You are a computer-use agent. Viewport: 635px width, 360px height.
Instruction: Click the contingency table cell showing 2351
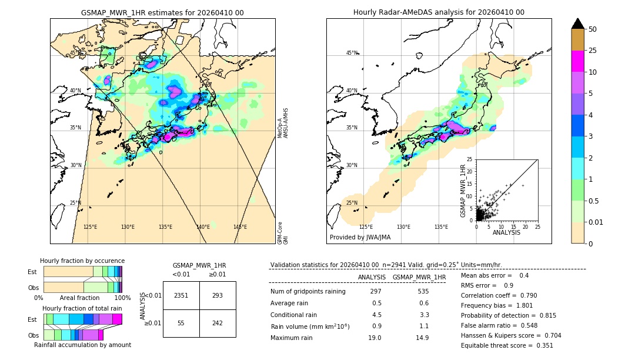pyautogui.click(x=181, y=296)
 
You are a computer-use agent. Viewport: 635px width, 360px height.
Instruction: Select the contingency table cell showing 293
pyautogui.click(x=218, y=296)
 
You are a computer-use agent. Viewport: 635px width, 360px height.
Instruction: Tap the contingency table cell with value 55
pyautogui.click(x=181, y=324)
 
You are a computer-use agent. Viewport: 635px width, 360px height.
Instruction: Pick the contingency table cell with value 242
pyautogui.click(x=218, y=324)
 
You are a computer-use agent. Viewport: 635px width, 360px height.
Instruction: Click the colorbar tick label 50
pyautogui.click(x=593, y=29)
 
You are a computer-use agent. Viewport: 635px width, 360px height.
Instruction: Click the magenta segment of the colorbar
pyautogui.click(x=577, y=61)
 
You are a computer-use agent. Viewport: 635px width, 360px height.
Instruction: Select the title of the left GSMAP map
pyautogui.click(x=162, y=12)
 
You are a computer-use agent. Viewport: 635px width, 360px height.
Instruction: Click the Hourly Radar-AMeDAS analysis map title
pyautogui.click(x=439, y=12)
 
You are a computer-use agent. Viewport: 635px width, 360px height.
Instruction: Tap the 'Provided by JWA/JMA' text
pyautogui.click(x=360, y=237)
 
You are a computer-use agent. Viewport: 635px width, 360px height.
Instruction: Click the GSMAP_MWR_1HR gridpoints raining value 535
pyautogui.click(x=423, y=291)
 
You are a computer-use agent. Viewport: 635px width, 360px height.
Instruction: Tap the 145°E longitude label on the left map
pyautogui.click(x=240, y=227)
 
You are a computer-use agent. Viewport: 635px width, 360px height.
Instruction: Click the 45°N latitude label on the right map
pyautogui.click(x=352, y=53)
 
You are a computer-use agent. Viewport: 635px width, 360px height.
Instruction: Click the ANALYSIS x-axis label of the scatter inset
pyautogui.click(x=506, y=232)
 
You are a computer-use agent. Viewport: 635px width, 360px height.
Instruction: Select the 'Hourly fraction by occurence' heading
pyautogui.click(x=82, y=261)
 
